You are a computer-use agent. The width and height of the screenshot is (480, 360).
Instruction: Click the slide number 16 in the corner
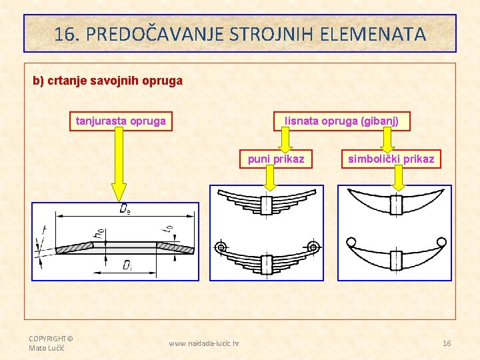447,343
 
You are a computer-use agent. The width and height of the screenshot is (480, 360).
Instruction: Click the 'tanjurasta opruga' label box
121,121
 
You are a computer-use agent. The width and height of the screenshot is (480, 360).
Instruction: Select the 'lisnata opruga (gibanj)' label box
342,121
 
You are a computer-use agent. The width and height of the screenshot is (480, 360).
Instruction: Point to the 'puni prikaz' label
276,159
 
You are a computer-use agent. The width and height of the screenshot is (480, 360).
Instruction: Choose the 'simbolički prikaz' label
391,159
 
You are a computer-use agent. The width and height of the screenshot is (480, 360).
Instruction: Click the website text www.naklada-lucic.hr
205,343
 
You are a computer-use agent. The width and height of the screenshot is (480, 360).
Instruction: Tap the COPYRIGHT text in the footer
51,339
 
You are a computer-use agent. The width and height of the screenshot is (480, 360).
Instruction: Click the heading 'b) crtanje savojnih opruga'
108,81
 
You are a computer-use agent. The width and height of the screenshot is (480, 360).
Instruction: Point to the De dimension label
125,209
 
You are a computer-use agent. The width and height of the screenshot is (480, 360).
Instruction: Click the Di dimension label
127,265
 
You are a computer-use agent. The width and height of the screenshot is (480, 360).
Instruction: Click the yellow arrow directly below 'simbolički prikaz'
399,177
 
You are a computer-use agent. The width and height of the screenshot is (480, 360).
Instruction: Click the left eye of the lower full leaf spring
221,247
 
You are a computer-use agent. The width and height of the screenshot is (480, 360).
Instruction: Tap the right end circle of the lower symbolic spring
441,241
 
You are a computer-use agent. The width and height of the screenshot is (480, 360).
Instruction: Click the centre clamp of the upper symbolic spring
396,203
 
